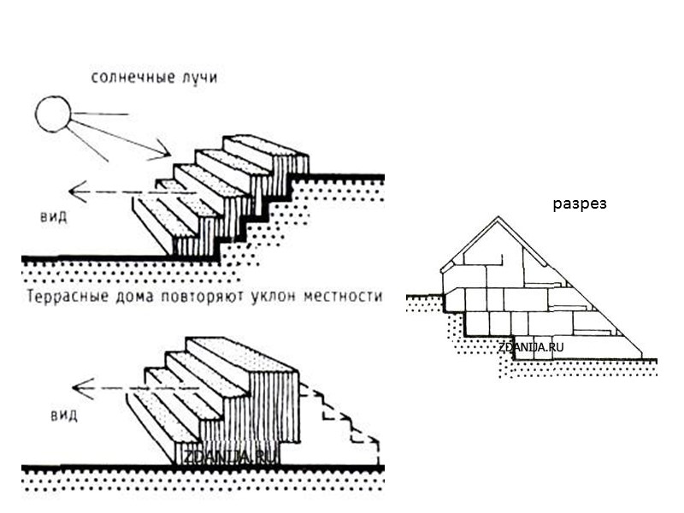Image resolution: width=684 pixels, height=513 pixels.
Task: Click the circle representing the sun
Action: pos(53,115)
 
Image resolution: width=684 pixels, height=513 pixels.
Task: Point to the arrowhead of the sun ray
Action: pos(164,155)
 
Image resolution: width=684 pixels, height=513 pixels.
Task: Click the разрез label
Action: pos(579,204)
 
